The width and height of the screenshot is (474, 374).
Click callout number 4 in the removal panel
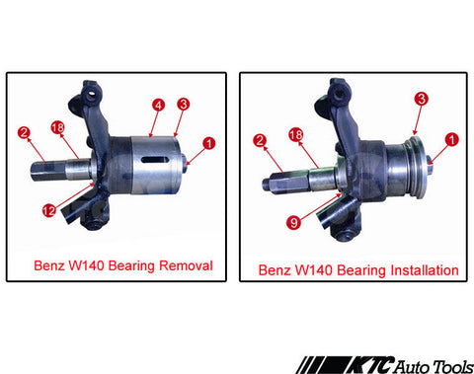tap(158, 106)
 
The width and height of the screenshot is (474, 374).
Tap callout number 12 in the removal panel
tap(49, 210)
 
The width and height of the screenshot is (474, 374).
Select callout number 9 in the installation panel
tap(293, 222)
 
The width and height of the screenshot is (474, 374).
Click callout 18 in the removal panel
tap(57, 127)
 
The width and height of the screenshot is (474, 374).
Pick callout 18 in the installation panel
tap(295, 134)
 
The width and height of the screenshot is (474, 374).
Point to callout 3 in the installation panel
tap(422, 99)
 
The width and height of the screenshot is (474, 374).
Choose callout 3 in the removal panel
tap(184, 104)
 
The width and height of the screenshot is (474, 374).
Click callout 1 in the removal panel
tap(208, 144)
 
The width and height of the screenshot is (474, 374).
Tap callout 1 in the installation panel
tap(451, 139)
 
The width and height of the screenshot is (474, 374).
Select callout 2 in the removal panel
tap(24, 132)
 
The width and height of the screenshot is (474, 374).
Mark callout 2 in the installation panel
tap(260, 140)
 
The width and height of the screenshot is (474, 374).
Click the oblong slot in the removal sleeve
tap(155, 159)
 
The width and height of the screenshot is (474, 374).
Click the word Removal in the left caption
tap(186, 265)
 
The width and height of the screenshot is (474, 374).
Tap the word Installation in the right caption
tap(425, 270)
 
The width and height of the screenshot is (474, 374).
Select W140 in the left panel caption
tap(87, 265)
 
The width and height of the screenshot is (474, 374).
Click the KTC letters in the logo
tap(369, 365)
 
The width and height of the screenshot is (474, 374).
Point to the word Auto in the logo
tap(412, 366)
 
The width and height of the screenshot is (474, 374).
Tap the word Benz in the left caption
tap(49, 265)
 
